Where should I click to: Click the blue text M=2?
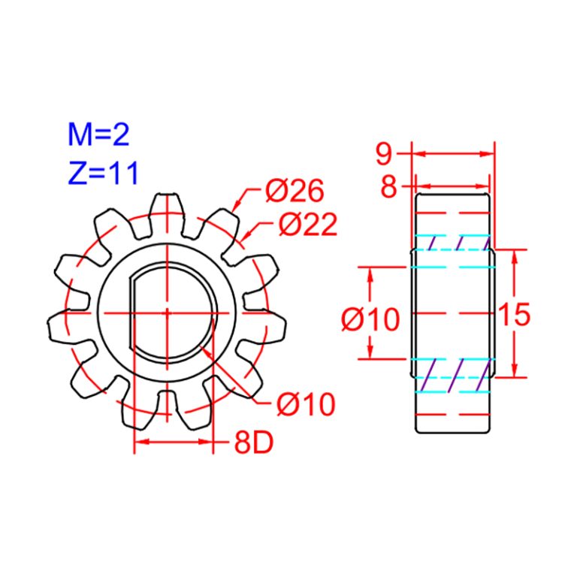[98, 135]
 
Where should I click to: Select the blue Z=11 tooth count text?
[102, 174]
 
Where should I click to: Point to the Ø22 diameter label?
[307, 224]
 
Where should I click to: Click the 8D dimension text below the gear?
[252, 443]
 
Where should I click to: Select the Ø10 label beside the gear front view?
[305, 405]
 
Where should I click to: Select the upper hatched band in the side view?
[453, 242]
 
